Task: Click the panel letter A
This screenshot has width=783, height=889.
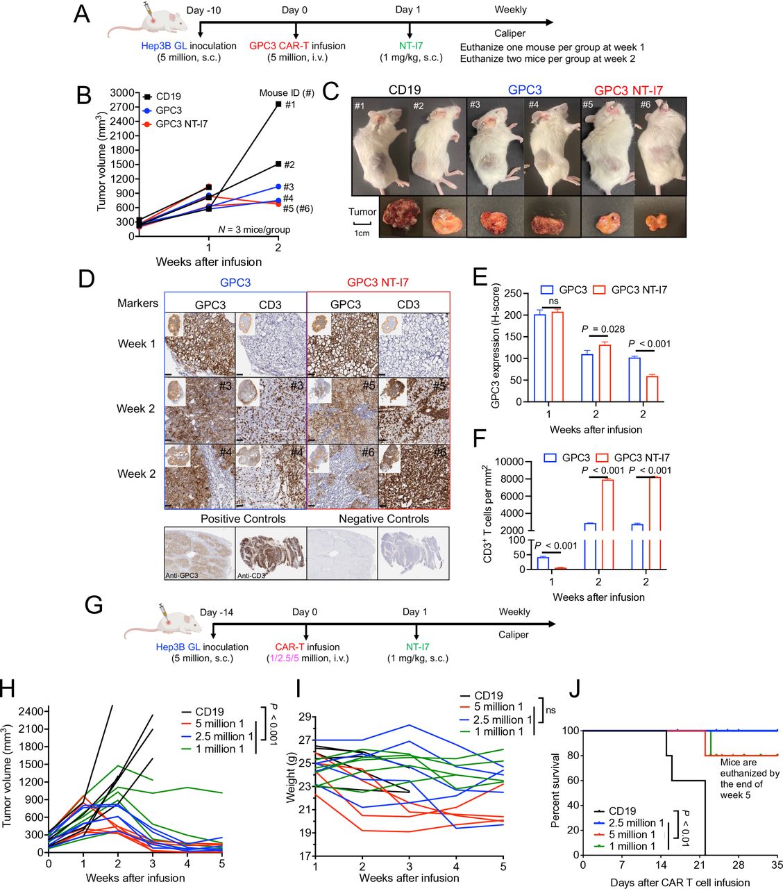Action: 81,14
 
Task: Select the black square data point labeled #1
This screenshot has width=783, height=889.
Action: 278,104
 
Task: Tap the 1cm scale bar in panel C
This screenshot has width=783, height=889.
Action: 363,224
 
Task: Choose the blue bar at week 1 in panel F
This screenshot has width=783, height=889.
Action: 543,563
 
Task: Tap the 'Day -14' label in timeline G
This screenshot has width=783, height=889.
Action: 219,612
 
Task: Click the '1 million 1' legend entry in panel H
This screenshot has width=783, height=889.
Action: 219,749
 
